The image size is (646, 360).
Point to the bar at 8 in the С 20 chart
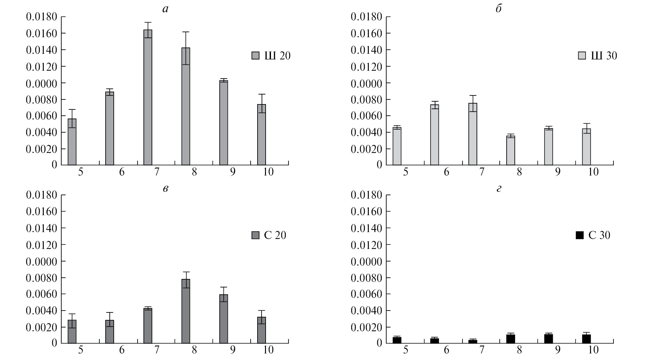[x=186, y=311]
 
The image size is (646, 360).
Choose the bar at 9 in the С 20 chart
[x=223, y=319]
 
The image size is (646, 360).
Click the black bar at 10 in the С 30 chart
[x=586, y=339]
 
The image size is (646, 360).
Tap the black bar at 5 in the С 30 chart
[x=397, y=340]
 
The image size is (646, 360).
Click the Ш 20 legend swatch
[x=256, y=56]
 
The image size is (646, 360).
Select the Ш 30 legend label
[x=604, y=56]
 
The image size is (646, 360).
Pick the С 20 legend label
[x=275, y=235]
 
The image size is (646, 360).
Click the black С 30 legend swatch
[x=580, y=235]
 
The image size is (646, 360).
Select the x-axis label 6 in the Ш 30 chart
[x=446, y=172]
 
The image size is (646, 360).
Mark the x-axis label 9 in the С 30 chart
[x=558, y=350]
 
